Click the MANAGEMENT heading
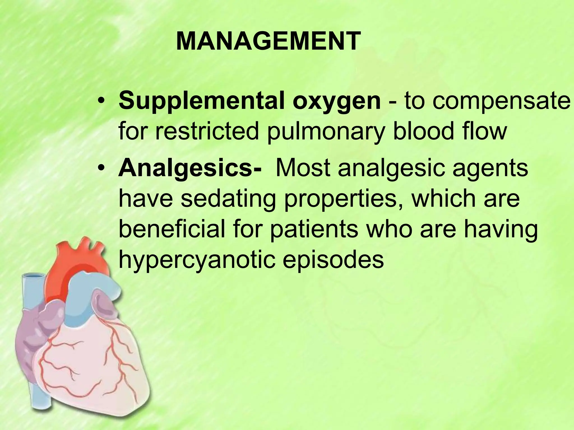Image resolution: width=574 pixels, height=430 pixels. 268,41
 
